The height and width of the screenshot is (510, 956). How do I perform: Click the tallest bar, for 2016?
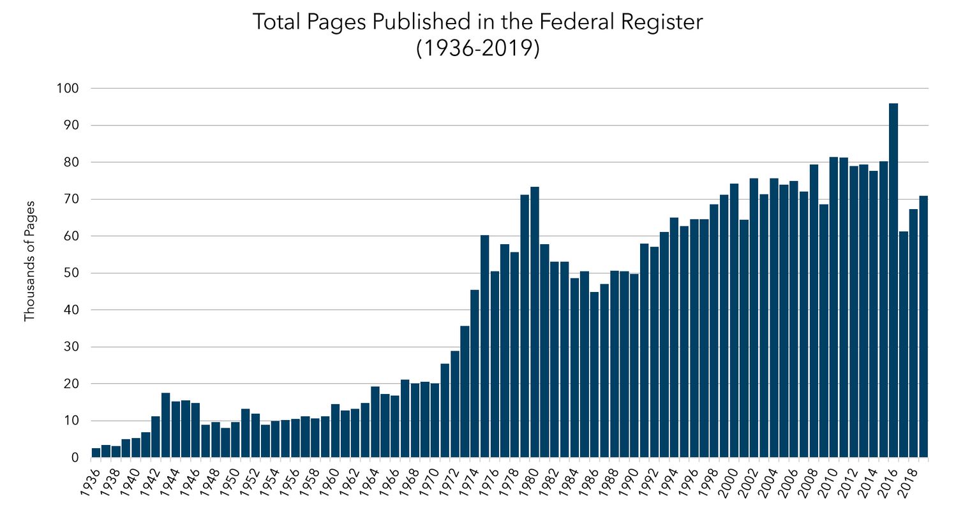(x=893, y=280)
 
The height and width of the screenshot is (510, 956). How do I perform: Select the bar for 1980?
(x=535, y=323)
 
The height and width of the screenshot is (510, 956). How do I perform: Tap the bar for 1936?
(x=96, y=453)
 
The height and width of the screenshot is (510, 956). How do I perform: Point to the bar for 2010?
(x=833, y=307)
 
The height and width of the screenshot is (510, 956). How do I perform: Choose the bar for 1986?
(x=595, y=375)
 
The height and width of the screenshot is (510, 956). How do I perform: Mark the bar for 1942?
(x=156, y=437)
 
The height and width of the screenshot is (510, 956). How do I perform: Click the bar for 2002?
(x=754, y=318)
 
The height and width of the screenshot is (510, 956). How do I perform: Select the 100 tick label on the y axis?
(x=68, y=89)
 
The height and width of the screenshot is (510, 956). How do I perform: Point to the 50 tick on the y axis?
(x=71, y=273)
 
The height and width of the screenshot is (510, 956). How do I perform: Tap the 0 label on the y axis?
(x=75, y=458)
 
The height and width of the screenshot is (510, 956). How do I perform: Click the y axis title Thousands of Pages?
(x=29, y=261)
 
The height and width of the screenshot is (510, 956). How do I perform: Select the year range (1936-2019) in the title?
(x=478, y=48)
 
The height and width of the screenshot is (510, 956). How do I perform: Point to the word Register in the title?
(x=662, y=23)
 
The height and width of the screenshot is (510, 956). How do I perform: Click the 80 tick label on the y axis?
(x=71, y=163)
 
